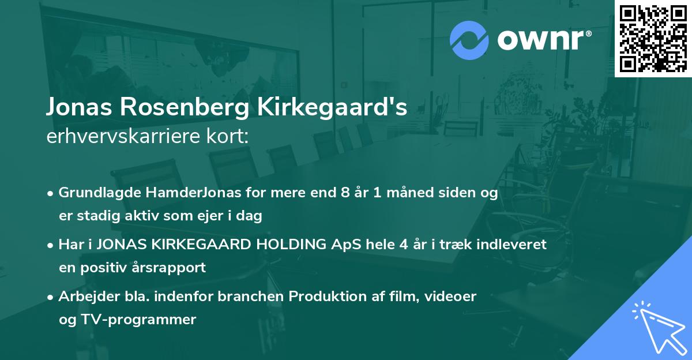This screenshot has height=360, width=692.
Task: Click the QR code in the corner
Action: (x=653, y=38)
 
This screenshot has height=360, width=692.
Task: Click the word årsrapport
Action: (x=170, y=268)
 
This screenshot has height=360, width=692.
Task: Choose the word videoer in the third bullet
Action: (x=452, y=297)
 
